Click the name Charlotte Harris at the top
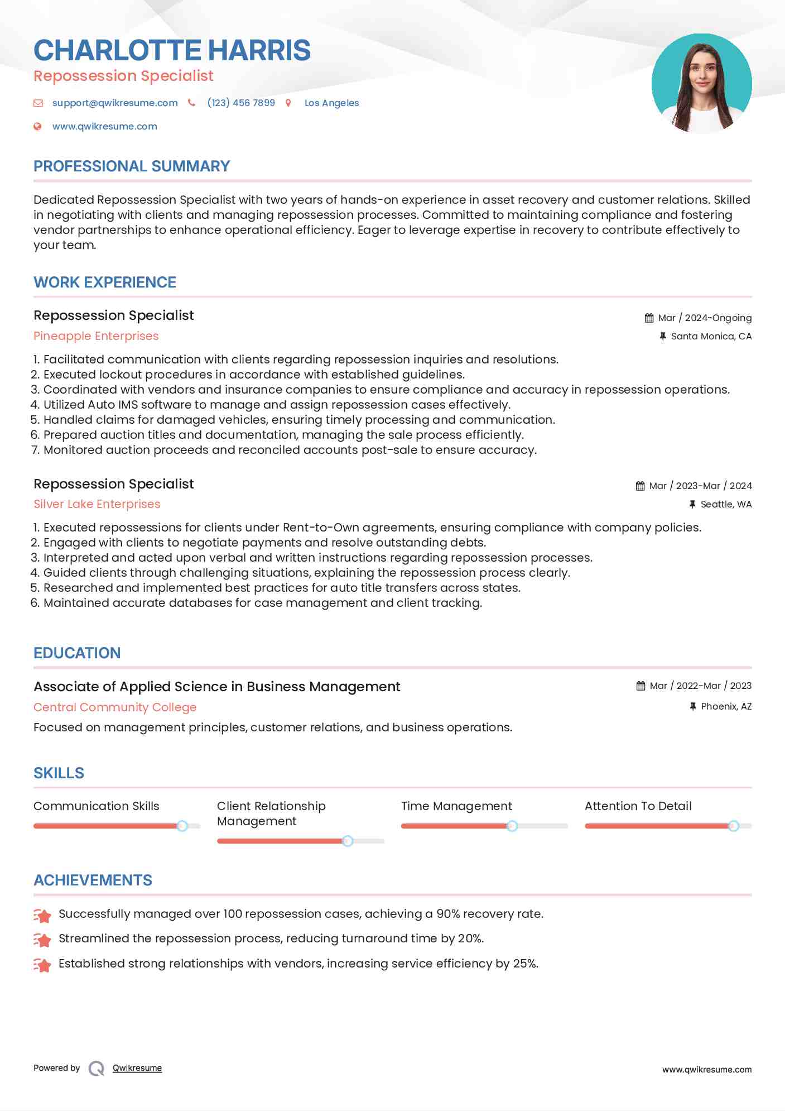coord(172,50)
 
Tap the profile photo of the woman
coord(701,83)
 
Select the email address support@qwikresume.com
coord(115,103)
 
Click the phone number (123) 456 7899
coord(241,103)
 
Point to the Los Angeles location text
coord(331,103)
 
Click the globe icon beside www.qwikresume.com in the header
coord(37,126)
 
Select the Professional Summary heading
coord(132,166)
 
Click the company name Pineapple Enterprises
coord(96,336)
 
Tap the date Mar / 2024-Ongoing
coord(705,318)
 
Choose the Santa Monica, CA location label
coord(711,336)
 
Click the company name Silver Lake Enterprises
coord(97,504)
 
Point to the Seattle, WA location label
coord(726,504)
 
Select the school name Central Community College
coord(115,707)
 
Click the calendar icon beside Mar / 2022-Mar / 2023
coord(640,686)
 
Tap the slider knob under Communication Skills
coord(182,826)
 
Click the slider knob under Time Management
coord(512,826)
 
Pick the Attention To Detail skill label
coord(638,806)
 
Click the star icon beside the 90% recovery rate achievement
coord(42,915)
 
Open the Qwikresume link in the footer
coord(137,1068)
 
